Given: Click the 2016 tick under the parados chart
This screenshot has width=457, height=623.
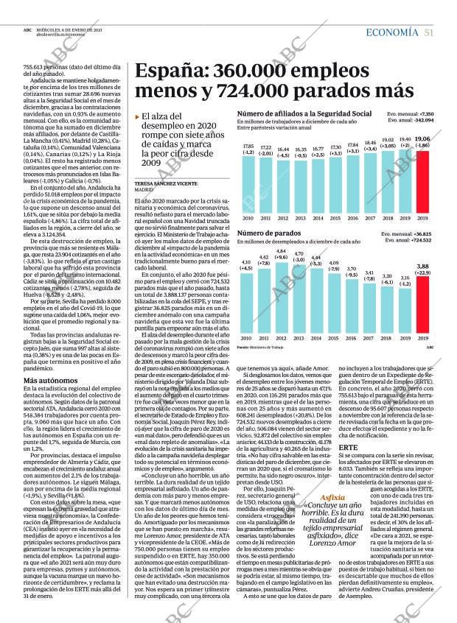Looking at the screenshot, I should click(x=352, y=338).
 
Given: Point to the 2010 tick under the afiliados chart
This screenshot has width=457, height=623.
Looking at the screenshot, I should click(x=248, y=218).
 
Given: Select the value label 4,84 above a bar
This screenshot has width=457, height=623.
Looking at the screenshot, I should click(x=282, y=252).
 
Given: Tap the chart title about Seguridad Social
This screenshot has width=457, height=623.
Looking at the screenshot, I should click(x=304, y=114).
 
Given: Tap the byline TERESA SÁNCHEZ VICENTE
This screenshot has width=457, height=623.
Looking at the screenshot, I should click(x=166, y=183).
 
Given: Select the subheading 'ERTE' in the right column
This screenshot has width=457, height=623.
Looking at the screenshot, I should click(x=348, y=447).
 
